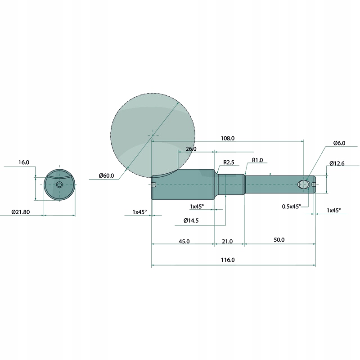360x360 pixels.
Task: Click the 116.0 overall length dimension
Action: [x=228, y=260]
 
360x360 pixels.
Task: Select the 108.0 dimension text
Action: [x=228, y=138]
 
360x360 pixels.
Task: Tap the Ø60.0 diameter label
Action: [x=106, y=175]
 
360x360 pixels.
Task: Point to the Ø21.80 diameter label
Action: [x=21, y=212]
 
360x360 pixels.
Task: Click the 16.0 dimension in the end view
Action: [x=24, y=162]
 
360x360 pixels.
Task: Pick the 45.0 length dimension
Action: [x=184, y=241]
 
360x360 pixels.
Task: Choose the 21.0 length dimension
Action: [x=227, y=241]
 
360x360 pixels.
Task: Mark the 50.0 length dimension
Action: [x=279, y=240]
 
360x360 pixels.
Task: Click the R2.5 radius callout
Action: [x=229, y=162]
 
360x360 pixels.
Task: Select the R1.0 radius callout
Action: [x=257, y=160]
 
